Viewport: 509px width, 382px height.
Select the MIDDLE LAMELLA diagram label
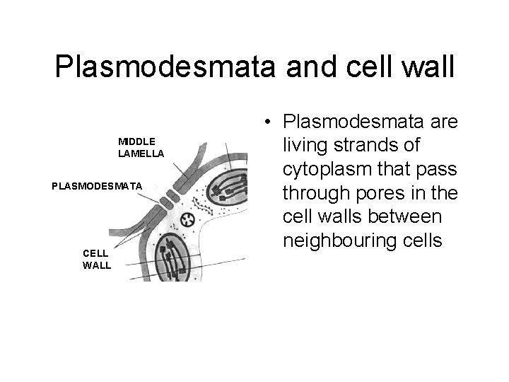141,148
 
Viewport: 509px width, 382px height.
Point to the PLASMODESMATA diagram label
98,185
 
